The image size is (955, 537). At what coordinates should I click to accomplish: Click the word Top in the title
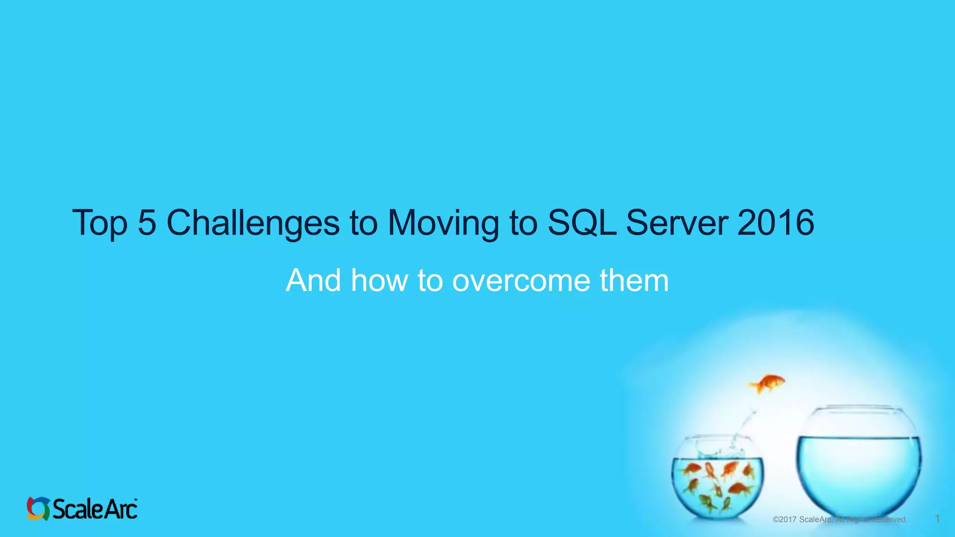pyautogui.click(x=99, y=223)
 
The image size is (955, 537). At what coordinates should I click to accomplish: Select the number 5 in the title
pyautogui.click(x=147, y=222)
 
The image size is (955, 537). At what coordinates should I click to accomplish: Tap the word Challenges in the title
pyautogui.click(x=253, y=223)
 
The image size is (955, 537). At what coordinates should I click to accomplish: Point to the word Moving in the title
pyautogui.click(x=443, y=223)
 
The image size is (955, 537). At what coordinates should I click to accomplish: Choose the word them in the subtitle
pyautogui.click(x=634, y=281)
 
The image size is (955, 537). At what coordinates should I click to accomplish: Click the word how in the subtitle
pyautogui.click(x=379, y=281)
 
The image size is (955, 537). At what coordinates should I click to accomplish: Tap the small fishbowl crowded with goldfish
pyautogui.click(x=717, y=480)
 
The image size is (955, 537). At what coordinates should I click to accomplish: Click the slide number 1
pyautogui.click(x=937, y=519)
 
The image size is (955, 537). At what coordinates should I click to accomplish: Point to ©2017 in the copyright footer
pyautogui.click(x=784, y=519)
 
